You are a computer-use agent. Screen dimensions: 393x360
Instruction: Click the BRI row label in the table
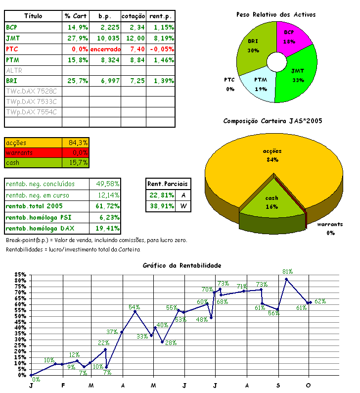pos(11,81)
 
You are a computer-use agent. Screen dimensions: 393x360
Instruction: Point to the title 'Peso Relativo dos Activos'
pos(275,15)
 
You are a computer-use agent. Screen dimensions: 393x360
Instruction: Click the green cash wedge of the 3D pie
pos(271,203)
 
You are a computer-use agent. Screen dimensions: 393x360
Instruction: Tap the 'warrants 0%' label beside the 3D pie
pos(330,228)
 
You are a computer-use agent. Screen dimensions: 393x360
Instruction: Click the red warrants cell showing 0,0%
pos(76,152)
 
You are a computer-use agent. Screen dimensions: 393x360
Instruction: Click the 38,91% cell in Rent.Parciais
pos(161,206)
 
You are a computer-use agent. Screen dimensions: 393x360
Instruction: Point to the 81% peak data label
pos(288,272)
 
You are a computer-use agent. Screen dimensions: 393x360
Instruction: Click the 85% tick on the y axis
pos(20,275)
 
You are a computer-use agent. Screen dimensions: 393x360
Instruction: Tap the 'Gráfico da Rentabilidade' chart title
pos(181,265)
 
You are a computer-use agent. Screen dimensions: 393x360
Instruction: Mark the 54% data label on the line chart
pos(135,307)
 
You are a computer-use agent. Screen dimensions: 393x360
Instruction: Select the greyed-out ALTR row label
pos(14,70)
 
